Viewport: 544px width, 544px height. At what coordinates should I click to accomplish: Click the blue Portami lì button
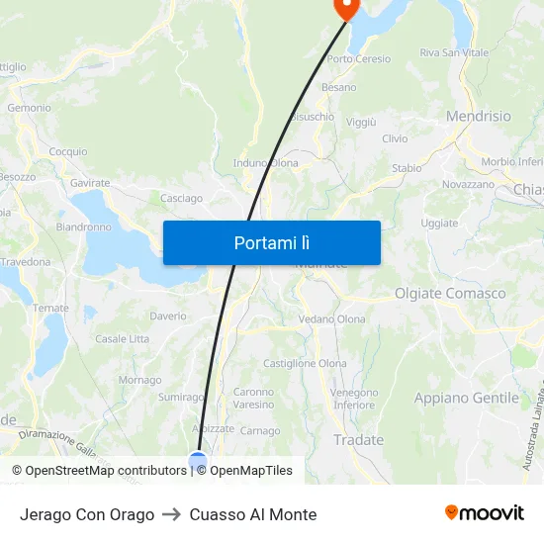click(x=271, y=242)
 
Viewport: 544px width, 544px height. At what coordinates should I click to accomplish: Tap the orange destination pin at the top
click(x=346, y=8)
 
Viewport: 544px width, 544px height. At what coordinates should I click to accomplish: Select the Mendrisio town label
click(x=479, y=117)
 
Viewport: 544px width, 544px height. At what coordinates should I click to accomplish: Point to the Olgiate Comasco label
click(x=450, y=294)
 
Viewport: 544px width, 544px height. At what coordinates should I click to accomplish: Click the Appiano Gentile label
click(x=466, y=399)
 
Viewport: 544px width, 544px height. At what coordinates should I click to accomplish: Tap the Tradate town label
click(x=358, y=440)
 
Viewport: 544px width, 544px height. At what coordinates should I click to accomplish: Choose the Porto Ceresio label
click(x=358, y=59)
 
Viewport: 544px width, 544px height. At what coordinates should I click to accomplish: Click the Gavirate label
click(x=90, y=183)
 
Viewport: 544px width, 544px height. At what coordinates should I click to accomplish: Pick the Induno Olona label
click(x=265, y=163)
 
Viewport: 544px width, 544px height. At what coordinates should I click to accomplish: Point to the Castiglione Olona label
click(x=305, y=364)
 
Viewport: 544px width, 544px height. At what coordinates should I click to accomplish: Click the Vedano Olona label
click(x=332, y=319)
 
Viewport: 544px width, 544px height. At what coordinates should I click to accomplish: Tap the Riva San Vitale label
click(x=454, y=52)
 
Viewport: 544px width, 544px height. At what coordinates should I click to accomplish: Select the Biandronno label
click(x=84, y=227)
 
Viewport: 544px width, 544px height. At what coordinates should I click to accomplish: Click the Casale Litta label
click(x=123, y=339)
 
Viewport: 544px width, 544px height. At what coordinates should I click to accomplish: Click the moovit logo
click(x=485, y=513)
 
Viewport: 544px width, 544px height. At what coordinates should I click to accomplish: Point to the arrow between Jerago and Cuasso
click(x=172, y=514)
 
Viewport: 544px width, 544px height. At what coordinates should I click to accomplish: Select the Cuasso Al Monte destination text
click(x=253, y=514)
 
